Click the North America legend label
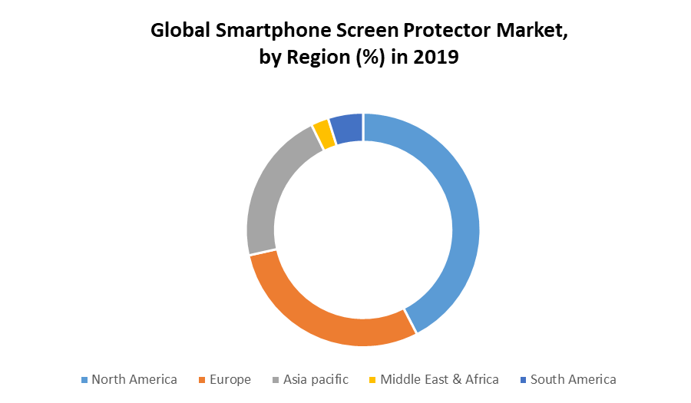[134, 379]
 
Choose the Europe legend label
[231, 379]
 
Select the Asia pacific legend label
[316, 379]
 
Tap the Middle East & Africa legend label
[439, 379]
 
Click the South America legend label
[573, 379]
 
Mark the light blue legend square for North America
[84, 380]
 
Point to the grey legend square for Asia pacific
[276, 380]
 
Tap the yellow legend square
[373, 380]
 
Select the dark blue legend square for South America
[524, 380]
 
